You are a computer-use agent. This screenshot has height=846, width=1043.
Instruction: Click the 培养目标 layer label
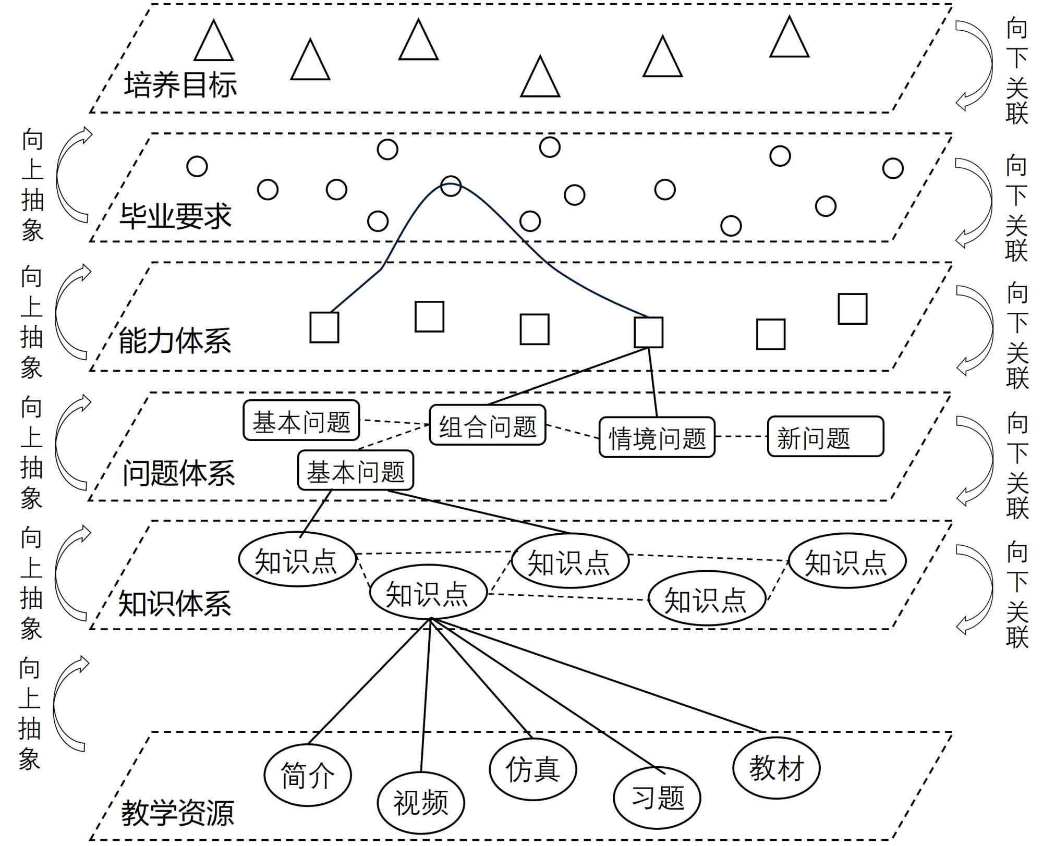tap(180, 85)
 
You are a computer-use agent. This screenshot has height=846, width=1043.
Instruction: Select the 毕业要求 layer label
tap(176, 216)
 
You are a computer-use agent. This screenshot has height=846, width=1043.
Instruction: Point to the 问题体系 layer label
tap(178, 474)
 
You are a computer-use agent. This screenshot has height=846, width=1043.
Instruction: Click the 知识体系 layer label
tap(175, 604)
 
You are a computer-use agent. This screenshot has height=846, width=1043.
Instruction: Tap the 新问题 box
tap(825, 437)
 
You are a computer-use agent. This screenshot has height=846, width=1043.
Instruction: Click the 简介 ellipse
tap(308, 775)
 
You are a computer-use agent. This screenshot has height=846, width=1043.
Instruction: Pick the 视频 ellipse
tap(421, 803)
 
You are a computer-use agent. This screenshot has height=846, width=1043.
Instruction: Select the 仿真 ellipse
tap(533, 769)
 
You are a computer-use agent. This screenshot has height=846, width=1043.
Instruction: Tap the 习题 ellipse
tap(657, 798)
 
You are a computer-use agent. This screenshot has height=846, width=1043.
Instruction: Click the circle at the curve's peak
tap(451, 186)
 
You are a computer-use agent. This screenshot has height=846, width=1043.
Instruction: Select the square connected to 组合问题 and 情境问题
tap(648, 332)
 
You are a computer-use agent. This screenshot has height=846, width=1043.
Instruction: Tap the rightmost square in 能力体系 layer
tap(853, 309)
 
